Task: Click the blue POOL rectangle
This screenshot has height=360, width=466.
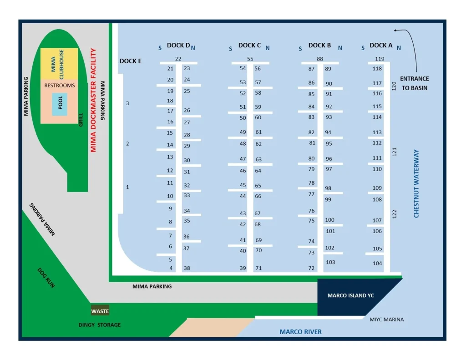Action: click(60, 104)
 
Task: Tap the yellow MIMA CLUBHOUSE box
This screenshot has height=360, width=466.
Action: click(59, 64)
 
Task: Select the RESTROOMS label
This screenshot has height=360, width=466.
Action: click(60, 86)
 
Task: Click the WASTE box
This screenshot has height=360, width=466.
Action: click(100, 311)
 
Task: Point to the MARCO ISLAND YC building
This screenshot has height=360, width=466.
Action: click(350, 296)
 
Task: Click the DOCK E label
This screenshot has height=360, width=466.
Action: click(131, 61)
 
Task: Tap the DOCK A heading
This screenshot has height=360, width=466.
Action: click(381, 45)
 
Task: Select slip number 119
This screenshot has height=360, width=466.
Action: click(380, 59)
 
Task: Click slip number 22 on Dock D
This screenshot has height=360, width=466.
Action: click(178, 59)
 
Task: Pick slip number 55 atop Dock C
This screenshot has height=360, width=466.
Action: click(250, 59)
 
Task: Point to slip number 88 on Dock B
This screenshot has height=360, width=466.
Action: click(320, 59)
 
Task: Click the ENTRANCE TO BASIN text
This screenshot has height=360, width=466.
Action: click(414, 83)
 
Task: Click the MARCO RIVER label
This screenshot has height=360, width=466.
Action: click(300, 332)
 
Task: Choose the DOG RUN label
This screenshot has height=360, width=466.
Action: click(46, 278)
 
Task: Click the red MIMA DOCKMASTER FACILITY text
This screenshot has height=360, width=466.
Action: click(94, 100)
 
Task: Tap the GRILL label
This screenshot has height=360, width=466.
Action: click(81, 120)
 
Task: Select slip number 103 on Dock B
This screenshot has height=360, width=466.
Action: click(330, 262)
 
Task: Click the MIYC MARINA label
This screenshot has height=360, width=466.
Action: click(387, 319)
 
